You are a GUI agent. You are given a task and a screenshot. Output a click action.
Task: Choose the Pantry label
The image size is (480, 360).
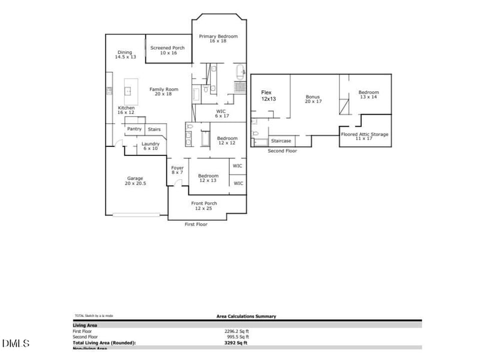pos(134,129)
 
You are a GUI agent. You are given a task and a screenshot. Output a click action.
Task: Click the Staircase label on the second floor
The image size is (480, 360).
pos(281,141)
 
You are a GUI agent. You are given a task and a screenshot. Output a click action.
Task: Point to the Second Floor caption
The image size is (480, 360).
pos(282,151)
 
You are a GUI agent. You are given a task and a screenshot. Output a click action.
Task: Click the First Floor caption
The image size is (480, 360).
pos(196,224)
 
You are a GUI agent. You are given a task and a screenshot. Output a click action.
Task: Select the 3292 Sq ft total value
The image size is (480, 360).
pos(235,343)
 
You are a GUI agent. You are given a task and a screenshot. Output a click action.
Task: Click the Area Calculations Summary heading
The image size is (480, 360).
pos(246,316)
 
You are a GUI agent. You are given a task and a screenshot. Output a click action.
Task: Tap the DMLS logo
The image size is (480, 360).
pos(16,344)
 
